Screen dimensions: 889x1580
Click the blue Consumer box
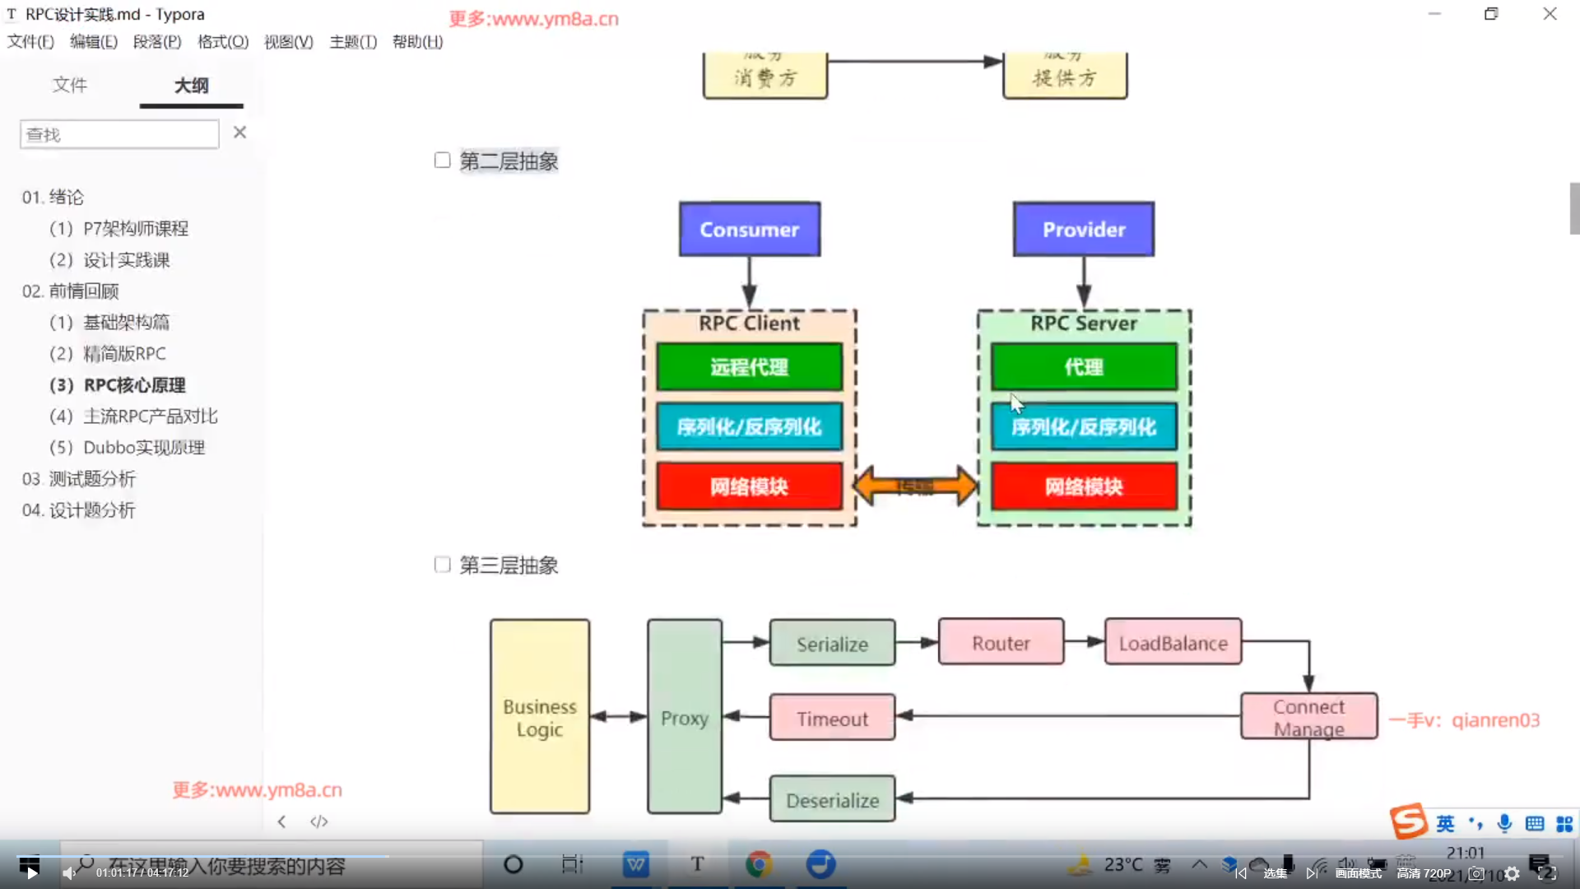[x=749, y=230]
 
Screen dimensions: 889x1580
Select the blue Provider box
[x=1083, y=230]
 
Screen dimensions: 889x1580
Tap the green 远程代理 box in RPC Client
[x=749, y=367]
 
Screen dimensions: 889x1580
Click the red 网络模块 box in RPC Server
[x=1083, y=486]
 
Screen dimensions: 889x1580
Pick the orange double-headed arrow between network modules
[x=915, y=486]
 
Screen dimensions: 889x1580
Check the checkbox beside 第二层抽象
[x=442, y=161]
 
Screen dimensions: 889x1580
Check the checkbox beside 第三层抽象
[x=442, y=565]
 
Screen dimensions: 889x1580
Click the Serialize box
[x=832, y=644]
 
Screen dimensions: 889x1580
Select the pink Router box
[x=1001, y=643]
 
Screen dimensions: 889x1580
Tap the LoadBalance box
[x=1173, y=643]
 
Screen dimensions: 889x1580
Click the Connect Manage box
[x=1308, y=717]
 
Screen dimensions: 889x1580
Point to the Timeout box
[x=832, y=719]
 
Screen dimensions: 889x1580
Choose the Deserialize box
[x=832, y=800]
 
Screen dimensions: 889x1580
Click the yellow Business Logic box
[x=539, y=717]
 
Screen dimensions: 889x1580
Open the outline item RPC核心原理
[x=134, y=385]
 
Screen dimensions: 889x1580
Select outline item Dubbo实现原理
[x=144, y=448]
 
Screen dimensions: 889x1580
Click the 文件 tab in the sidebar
[x=69, y=85]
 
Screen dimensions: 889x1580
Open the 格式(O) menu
[x=223, y=42]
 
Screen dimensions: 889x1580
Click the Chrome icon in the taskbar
[x=759, y=864]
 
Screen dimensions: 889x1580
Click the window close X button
[x=1550, y=14]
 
